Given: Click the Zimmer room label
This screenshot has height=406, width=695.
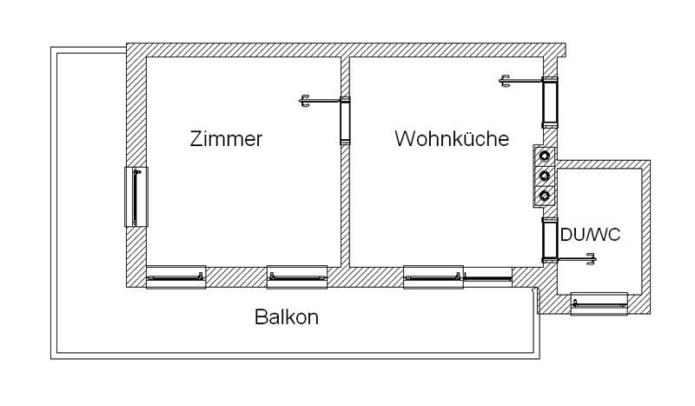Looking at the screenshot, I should click(x=226, y=139).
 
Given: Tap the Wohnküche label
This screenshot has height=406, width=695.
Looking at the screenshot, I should click(x=451, y=139).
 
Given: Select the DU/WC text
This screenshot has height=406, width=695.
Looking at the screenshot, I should click(x=591, y=236).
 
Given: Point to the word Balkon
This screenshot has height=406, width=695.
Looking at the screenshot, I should click(x=287, y=317).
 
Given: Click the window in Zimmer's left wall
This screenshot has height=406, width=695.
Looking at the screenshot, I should click(x=136, y=196).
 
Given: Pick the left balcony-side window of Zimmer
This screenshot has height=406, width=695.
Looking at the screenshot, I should click(x=175, y=277).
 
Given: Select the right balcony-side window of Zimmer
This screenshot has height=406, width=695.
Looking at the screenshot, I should click(x=296, y=277).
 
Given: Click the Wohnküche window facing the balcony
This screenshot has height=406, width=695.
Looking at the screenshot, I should click(x=434, y=277).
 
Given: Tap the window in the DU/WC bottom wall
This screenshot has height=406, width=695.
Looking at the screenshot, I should click(x=599, y=303).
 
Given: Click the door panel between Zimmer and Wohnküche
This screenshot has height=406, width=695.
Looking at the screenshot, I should click(x=344, y=121).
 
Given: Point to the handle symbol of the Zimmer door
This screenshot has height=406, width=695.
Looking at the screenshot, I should click(x=305, y=102).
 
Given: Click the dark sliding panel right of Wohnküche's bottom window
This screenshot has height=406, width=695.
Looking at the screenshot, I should click(x=487, y=277).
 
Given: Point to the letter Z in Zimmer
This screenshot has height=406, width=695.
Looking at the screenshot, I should click(x=195, y=139).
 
